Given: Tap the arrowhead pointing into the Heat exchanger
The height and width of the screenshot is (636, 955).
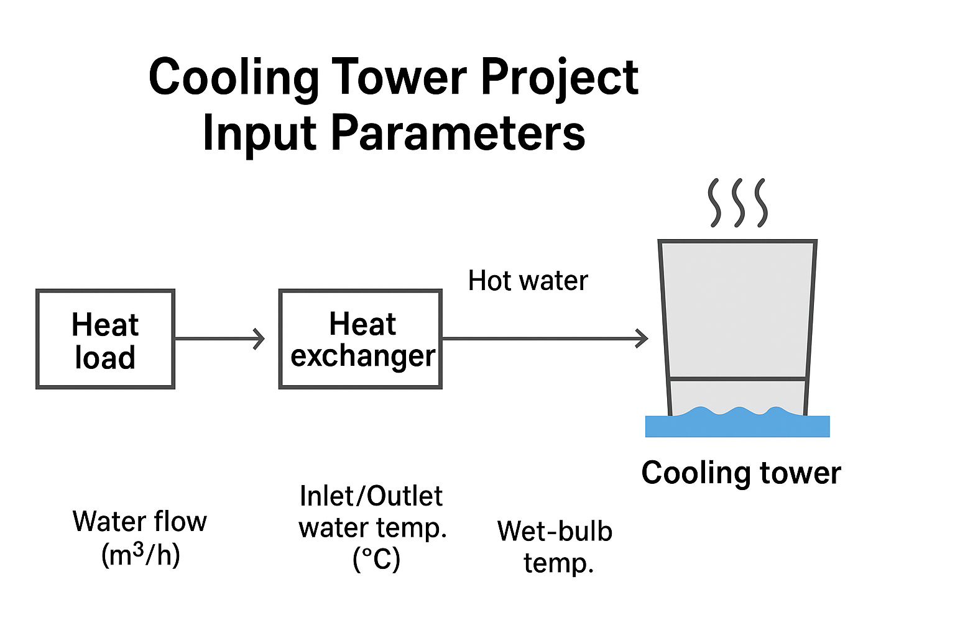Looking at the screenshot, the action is pyautogui.click(x=259, y=339).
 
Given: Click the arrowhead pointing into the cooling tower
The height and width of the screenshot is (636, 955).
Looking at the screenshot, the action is pyautogui.click(x=642, y=339).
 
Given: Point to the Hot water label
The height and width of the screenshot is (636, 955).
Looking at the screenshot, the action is pyautogui.click(x=528, y=281).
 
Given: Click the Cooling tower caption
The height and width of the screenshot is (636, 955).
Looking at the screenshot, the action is pyautogui.click(x=741, y=473).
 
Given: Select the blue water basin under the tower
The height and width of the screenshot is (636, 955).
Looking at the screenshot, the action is pyautogui.click(x=737, y=425).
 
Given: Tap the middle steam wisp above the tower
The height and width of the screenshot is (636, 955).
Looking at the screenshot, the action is pyautogui.click(x=738, y=202).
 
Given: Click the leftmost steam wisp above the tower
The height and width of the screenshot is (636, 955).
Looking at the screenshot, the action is pyautogui.click(x=714, y=202).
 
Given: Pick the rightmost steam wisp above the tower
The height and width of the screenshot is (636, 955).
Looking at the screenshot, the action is pyautogui.click(x=761, y=202).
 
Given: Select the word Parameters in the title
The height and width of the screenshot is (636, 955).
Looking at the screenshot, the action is pyautogui.click(x=458, y=134).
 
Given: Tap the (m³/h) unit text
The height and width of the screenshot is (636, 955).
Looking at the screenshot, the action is pyautogui.click(x=141, y=555).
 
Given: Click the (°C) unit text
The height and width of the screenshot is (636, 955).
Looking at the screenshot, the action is pyautogui.click(x=376, y=558).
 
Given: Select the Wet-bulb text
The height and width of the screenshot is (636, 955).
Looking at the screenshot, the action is pyautogui.click(x=555, y=531).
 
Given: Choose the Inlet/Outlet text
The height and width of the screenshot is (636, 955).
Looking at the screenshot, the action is pyautogui.click(x=371, y=496).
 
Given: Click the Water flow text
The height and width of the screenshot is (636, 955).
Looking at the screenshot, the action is pyautogui.click(x=140, y=521).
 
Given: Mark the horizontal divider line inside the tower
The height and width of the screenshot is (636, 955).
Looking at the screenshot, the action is pyautogui.click(x=737, y=378).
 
